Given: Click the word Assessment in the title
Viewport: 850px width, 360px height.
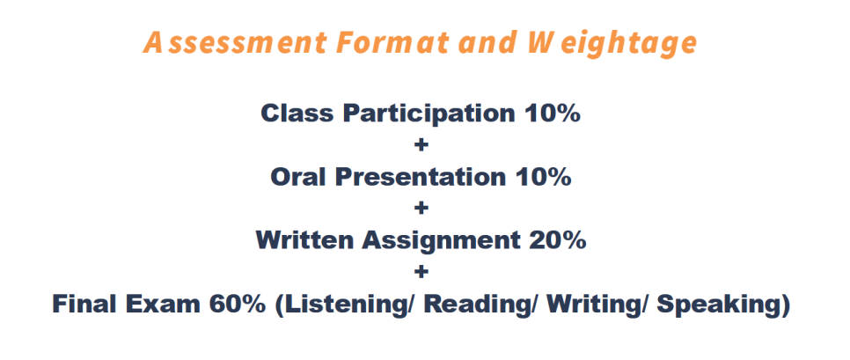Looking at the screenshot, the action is [x=236, y=43].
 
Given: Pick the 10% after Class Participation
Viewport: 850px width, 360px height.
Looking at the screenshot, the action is [x=553, y=114].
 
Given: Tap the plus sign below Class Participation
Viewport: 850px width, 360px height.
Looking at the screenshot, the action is [x=421, y=144].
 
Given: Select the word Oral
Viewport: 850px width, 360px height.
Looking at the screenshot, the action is [x=297, y=177].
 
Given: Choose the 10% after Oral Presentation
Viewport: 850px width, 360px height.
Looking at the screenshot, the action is [x=543, y=177].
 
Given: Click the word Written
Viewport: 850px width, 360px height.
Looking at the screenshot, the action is [x=304, y=239].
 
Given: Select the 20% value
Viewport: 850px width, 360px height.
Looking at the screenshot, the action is [x=557, y=239].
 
